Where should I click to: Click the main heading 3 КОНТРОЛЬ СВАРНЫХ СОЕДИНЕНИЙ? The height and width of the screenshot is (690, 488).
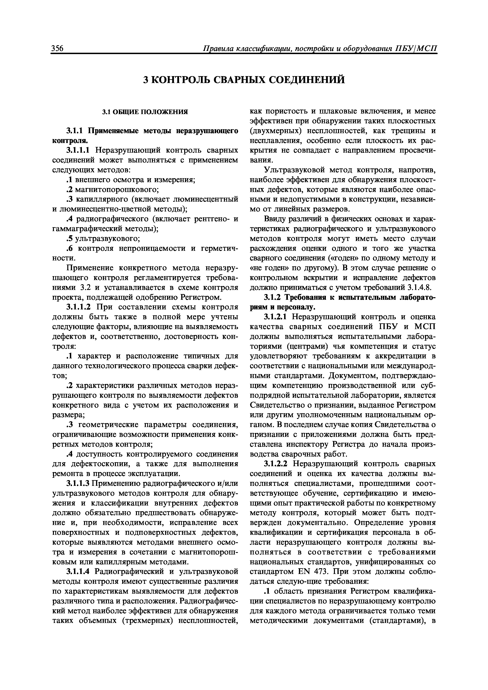[244, 80]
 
